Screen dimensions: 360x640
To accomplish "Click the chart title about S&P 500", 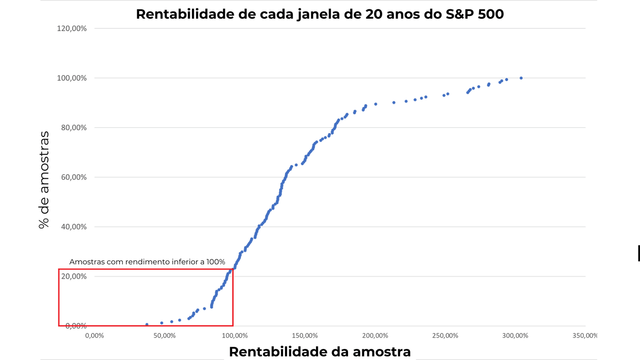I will (320, 14).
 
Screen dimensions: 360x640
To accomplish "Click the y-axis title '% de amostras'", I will (44, 180).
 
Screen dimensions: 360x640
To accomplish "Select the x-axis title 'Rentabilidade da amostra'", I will (320, 352).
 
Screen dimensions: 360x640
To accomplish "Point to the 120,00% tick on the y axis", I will (72, 28).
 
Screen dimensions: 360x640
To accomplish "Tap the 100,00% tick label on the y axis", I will (72, 78).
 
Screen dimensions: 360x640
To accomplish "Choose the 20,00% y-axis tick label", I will (73, 276).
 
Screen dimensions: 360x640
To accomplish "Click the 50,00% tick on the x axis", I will (164, 335).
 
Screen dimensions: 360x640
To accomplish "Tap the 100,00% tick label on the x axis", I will (235, 335).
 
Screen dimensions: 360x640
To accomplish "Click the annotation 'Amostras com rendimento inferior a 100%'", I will (147, 262).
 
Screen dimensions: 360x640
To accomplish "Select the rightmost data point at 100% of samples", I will (521, 78).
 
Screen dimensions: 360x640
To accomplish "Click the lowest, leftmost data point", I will (147, 324).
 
